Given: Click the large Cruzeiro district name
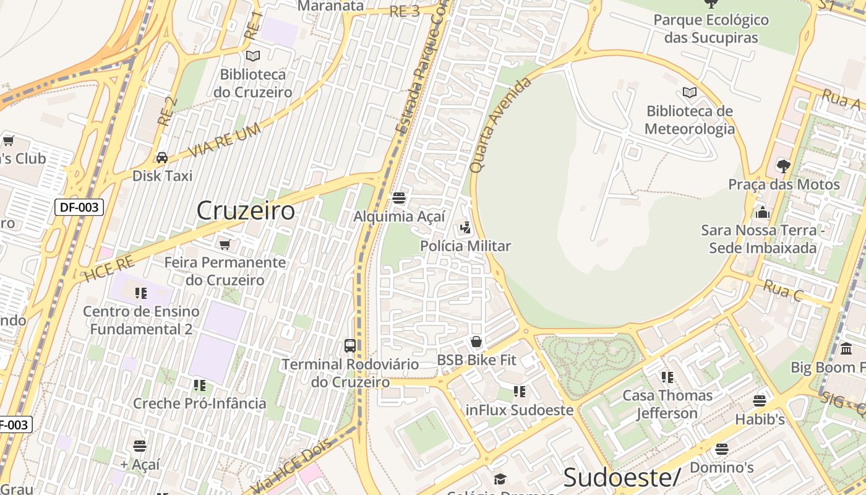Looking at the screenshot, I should [x=246, y=211].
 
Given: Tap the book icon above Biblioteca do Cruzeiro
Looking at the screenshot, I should [x=253, y=56].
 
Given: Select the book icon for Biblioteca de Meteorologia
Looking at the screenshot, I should [x=690, y=93].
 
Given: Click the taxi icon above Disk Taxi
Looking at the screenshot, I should [x=162, y=158].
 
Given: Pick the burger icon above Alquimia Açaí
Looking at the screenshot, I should [x=399, y=198].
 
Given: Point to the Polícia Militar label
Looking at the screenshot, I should [x=465, y=246].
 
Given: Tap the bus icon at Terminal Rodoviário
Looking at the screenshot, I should [x=350, y=345].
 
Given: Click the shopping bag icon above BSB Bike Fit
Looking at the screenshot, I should [x=476, y=342].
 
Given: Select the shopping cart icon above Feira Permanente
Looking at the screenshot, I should [x=225, y=244].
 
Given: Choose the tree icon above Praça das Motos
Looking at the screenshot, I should [x=783, y=166].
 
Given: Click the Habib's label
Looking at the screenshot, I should [x=760, y=420].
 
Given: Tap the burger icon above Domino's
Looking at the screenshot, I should [x=721, y=449].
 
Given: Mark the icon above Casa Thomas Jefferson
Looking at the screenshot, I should [x=667, y=377].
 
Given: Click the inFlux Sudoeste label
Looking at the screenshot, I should [x=519, y=410].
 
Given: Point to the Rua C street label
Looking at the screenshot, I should [x=782, y=290].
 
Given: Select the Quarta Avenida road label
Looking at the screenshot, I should [x=500, y=124].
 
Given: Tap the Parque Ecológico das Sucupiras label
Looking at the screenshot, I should [x=711, y=28].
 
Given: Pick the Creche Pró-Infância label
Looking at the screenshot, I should [x=200, y=403].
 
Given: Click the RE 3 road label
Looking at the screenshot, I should [x=405, y=12].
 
